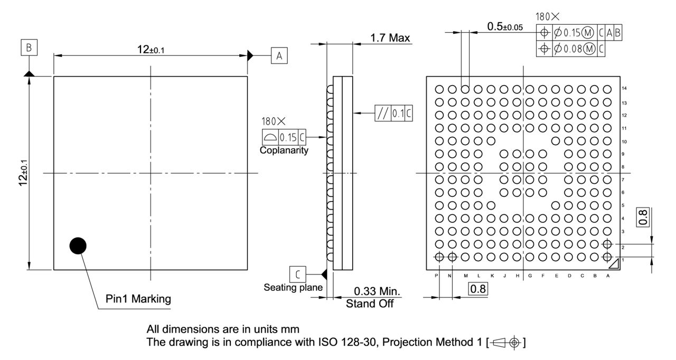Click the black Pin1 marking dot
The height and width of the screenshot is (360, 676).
click(x=78, y=245)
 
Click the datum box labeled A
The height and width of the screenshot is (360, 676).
click(x=279, y=55)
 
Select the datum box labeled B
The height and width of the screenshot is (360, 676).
click(x=29, y=48)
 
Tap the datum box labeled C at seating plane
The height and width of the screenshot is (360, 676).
click(x=298, y=274)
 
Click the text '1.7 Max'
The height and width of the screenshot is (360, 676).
click(x=390, y=38)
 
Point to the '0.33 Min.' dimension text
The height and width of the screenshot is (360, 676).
click(x=377, y=291)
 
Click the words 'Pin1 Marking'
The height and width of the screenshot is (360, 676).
click(x=138, y=299)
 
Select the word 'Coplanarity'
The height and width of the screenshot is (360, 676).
click(x=284, y=150)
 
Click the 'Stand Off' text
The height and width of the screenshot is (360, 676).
click(x=370, y=304)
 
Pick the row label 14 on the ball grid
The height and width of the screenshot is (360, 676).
click(x=624, y=89)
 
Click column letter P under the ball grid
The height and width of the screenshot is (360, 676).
click(x=437, y=276)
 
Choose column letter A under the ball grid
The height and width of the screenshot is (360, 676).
click(x=609, y=276)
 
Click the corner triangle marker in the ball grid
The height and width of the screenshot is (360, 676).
click(x=614, y=266)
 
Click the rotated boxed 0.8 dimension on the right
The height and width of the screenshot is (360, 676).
click(x=643, y=217)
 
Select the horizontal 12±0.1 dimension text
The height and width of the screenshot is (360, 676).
click(x=151, y=50)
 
